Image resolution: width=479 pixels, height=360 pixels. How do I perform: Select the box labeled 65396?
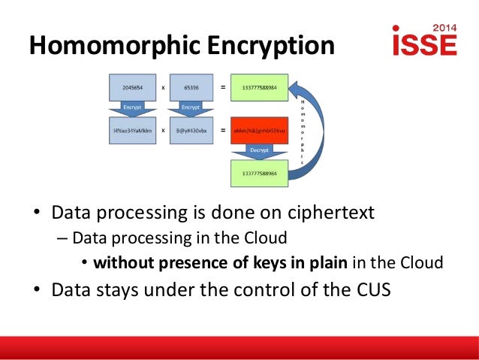click(x=190, y=86)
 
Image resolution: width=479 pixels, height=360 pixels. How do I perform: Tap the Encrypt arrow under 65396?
click(x=190, y=107)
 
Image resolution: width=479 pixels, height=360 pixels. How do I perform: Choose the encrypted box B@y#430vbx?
click(x=190, y=130)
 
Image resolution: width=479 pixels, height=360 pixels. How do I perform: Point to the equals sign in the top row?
click(x=222, y=86)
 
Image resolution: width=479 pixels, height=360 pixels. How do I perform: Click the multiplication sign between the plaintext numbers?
click(x=163, y=86)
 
